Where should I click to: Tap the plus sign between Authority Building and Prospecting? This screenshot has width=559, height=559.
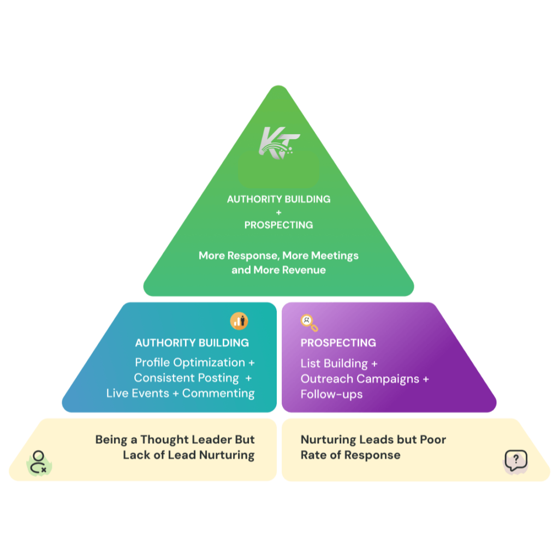tap(278, 212)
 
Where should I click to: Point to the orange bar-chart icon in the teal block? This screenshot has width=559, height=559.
tap(239, 321)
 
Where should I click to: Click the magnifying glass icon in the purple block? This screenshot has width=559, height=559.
tap(309, 323)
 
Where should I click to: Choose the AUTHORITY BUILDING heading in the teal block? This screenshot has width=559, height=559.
tap(192, 343)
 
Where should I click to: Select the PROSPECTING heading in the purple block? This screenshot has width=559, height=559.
tap(338, 343)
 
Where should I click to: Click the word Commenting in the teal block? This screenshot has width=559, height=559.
tap(218, 393)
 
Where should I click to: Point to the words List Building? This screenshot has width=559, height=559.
tap(334, 364)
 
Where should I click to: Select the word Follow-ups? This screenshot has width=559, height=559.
tap(331, 394)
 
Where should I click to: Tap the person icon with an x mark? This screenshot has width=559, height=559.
tap(39, 462)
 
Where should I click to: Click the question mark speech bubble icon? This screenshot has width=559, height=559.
tap(516, 461)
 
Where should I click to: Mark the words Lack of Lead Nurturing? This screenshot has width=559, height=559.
tap(188, 455)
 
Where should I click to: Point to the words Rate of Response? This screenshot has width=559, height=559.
tap(350, 455)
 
